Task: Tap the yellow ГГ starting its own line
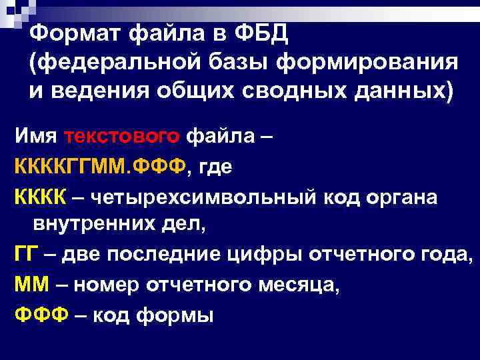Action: click(27, 255)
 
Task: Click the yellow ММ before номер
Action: click(32, 285)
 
